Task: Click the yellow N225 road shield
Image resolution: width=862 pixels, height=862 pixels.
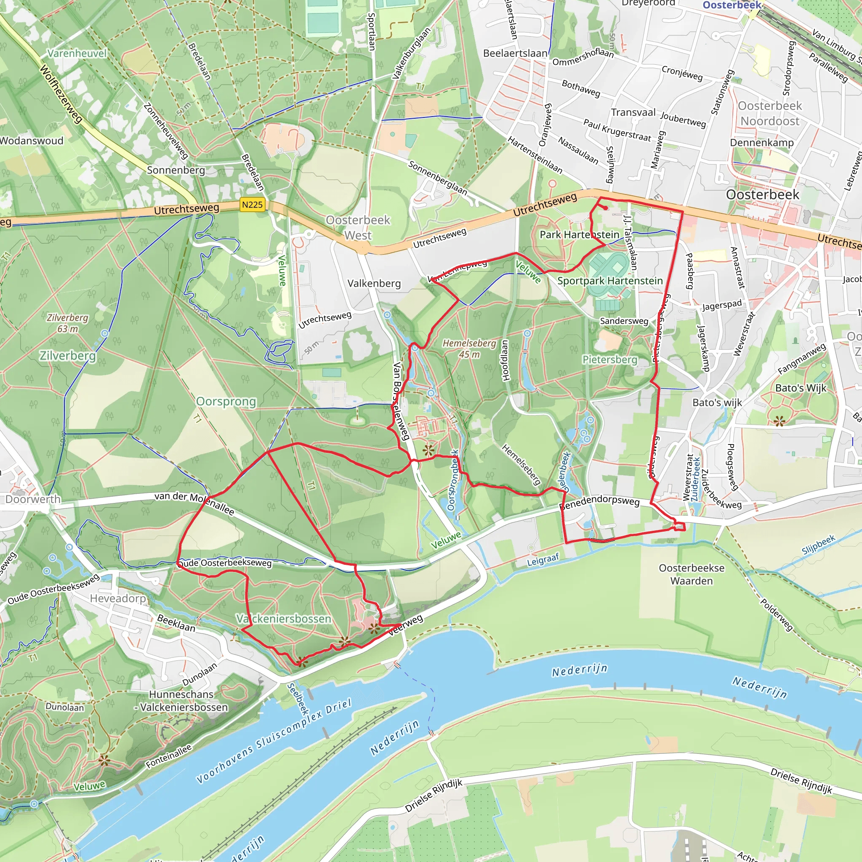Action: pyautogui.click(x=252, y=205)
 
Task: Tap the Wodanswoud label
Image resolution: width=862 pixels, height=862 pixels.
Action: pyautogui.click(x=32, y=141)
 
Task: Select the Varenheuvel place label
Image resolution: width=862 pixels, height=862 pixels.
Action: pyautogui.click(x=77, y=53)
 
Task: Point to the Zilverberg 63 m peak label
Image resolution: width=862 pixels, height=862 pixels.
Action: pyautogui.click(x=67, y=323)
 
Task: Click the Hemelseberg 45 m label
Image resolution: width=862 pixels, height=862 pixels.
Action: pyautogui.click(x=469, y=349)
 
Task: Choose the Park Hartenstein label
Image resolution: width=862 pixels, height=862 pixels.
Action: pyautogui.click(x=579, y=235)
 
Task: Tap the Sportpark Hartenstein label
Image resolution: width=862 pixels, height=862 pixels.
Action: pyautogui.click(x=609, y=281)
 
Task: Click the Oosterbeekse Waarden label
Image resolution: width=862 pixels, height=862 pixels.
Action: pyautogui.click(x=691, y=574)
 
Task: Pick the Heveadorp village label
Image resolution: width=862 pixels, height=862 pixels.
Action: pyautogui.click(x=118, y=599)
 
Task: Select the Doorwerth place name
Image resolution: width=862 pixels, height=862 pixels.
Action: pyautogui.click(x=32, y=499)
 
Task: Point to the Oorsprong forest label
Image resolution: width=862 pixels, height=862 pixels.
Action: pyautogui.click(x=226, y=402)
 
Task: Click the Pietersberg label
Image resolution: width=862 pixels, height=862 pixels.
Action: pyautogui.click(x=609, y=359)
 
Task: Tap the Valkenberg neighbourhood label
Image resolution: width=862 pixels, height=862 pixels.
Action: pyautogui.click(x=374, y=284)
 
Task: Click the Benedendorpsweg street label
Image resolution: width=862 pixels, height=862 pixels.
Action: pyautogui.click(x=599, y=503)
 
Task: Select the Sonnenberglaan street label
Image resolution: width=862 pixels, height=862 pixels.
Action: pyautogui.click(x=437, y=178)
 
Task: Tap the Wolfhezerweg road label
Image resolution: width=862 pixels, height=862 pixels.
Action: pyautogui.click(x=61, y=94)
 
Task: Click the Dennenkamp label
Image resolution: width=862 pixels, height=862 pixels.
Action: pyautogui.click(x=761, y=143)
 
